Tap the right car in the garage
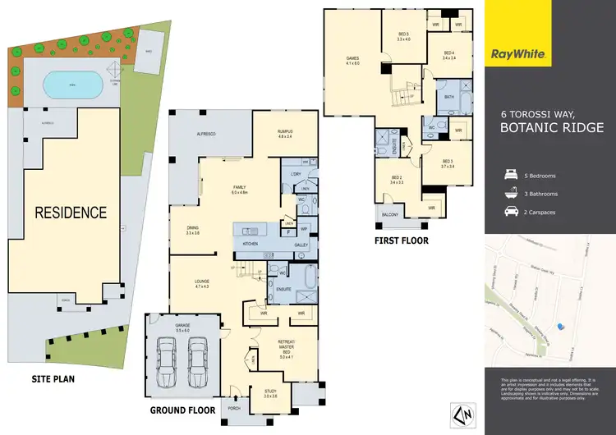point(196,354)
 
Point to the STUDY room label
point(270,393)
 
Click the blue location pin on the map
point(561,326)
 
